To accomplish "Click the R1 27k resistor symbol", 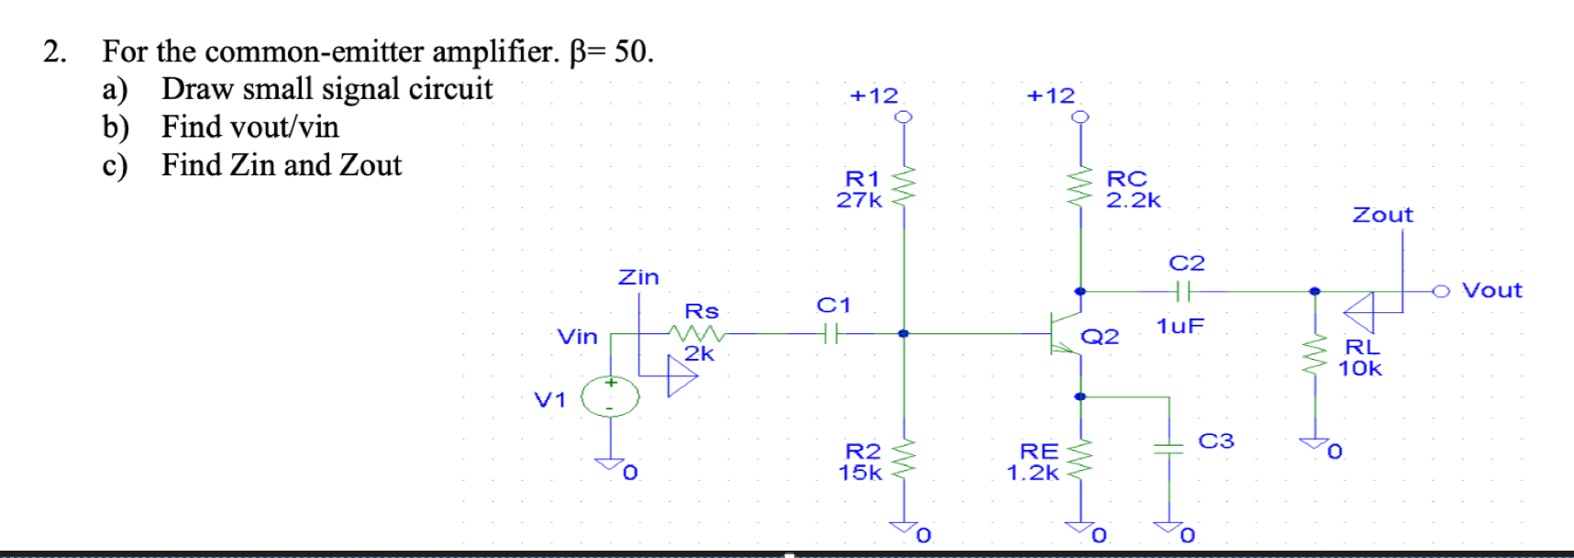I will tap(903, 187).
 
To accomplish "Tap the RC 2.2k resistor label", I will tap(1132, 189).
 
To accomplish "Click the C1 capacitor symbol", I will tap(830, 334).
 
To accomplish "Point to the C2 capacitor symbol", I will tap(1183, 292).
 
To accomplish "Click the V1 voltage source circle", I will tap(610, 396).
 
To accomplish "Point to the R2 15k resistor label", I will tap(860, 462).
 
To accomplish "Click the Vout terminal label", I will tap(1491, 291).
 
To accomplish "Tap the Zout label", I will tap(1382, 215).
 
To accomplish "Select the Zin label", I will tap(638, 276).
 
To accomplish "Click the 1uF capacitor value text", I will tap(1180, 326).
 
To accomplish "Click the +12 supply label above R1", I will tap(873, 95).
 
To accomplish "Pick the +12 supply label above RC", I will tap(1050, 95).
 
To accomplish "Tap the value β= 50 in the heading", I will tap(611, 51).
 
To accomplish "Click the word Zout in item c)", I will tap(371, 165).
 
